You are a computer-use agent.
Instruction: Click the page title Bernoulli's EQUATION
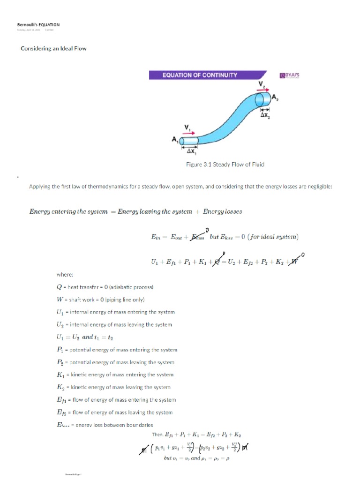pyautogui.click(x=38, y=25)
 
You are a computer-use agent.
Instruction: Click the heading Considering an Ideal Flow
pyautogui.click(x=53, y=48)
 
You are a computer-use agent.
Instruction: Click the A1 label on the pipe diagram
pyautogui.click(x=176, y=140)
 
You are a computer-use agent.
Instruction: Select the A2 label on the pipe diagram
pyautogui.click(x=276, y=97)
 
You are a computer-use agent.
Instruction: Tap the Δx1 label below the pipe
pyautogui.click(x=192, y=151)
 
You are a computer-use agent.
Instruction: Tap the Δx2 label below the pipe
pyautogui.click(x=265, y=114)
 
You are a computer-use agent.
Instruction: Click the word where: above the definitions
pyautogui.click(x=64, y=275)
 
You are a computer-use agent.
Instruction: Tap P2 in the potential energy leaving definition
pyautogui.click(x=60, y=362)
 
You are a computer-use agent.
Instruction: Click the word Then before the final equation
pyautogui.click(x=157, y=435)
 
